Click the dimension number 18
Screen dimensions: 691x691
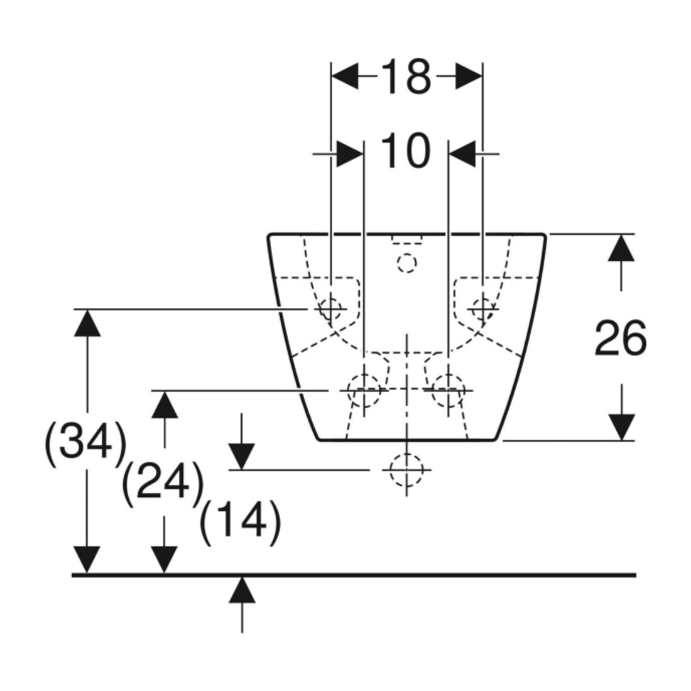click(405, 77)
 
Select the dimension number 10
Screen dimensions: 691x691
click(405, 151)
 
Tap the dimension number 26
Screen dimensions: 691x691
click(621, 338)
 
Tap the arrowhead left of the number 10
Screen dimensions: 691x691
click(351, 154)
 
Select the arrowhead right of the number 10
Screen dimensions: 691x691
click(462, 154)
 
